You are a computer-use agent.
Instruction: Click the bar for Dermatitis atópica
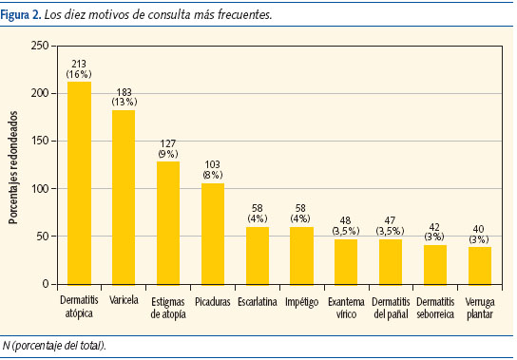[x=79, y=183]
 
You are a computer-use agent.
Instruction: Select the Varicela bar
[x=124, y=198]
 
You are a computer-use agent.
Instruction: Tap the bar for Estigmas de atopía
[x=167, y=223]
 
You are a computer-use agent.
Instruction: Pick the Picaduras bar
[x=212, y=234]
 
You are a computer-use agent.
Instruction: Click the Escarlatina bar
[x=257, y=256]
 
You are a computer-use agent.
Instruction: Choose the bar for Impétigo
[x=301, y=256]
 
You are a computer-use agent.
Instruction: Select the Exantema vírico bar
[x=346, y=261]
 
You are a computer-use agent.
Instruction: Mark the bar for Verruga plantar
[x=479, y=265]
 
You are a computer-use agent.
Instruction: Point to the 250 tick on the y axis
[x=41, y=46]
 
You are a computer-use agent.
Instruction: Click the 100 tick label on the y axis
[x=41, y=189]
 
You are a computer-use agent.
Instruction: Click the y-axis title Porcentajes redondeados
[x=13, y=164]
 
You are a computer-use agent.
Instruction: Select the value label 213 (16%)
[x=79, y=68]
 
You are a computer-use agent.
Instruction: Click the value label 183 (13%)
[x=124, y=97]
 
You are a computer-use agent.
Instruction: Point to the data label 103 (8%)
[x=212, y=170]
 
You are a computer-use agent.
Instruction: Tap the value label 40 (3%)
[x=479, y=234]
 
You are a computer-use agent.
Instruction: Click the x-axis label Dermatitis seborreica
[x=434, y=307]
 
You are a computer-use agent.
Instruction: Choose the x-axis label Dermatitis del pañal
[x=390, y=307]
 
